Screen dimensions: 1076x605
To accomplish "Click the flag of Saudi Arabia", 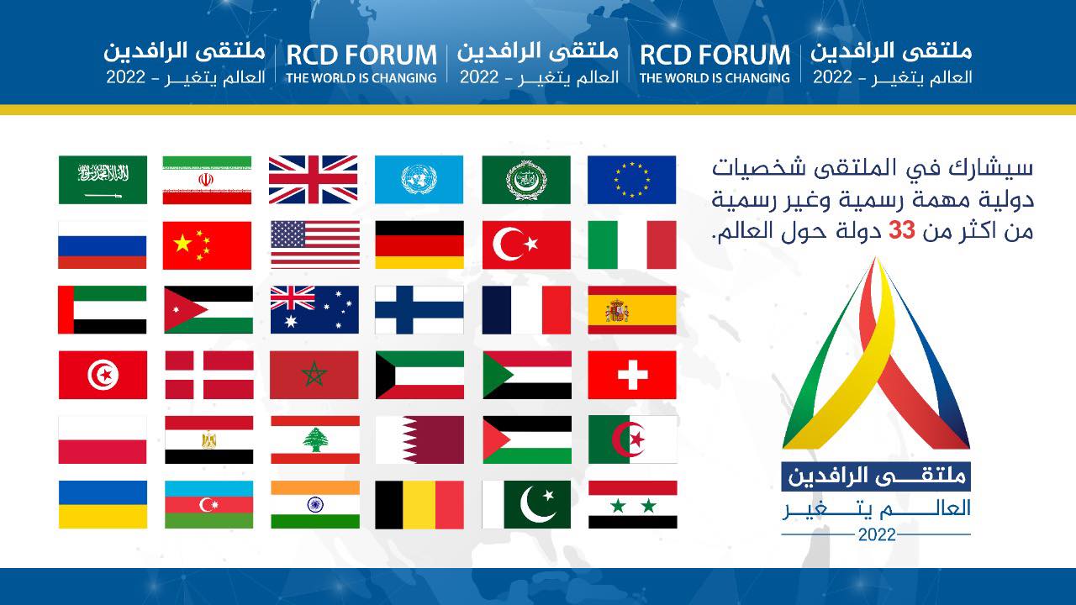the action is pyautogui.click(x=103, y=180).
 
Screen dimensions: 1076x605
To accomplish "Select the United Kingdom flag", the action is pyautogui.click(x=314, y=180).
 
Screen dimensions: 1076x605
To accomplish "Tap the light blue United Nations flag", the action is pyautogui.click(x=419, y=180).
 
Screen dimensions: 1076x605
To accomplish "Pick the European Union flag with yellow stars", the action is pyautogui.click(x=631, y=180).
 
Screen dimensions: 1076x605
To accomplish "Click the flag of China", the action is pyautogui.click(x=207, y=245).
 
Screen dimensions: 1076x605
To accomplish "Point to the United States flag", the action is pyautogui.click(x=315, y=245).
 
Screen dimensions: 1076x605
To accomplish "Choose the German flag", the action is pyautogui.click(x=419, y=245).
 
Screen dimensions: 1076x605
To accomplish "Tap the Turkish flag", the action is pyautogui.click(x=526, y=245).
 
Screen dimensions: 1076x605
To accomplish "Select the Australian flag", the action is pyautogui.click(x=314, y=310).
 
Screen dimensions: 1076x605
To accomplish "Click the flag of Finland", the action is pyautogui.click(x=419, y=310).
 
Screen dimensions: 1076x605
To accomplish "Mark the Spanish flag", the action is pyautogui.click(x=632, y=310).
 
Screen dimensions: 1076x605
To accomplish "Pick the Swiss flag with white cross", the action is pyautogui.click(x=632, y=375).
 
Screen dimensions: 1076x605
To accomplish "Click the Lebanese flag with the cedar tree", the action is pyautogui.click(x=315, y=439).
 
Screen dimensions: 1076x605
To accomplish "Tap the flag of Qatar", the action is pyautogui.click(x=419, y=439).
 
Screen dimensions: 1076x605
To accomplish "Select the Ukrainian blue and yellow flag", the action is pyautogui.click(x=103, y=505).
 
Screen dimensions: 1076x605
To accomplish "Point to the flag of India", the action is pyautogui.click(x=315, y=505).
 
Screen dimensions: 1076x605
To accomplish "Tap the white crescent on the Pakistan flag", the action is pyautogui.click(x=537, y=505).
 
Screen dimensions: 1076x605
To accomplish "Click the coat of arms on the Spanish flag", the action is pyautogui.click(x=617, y=310).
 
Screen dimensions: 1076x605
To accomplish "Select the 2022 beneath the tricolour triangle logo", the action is pyautogui.click(x=877, y=535).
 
